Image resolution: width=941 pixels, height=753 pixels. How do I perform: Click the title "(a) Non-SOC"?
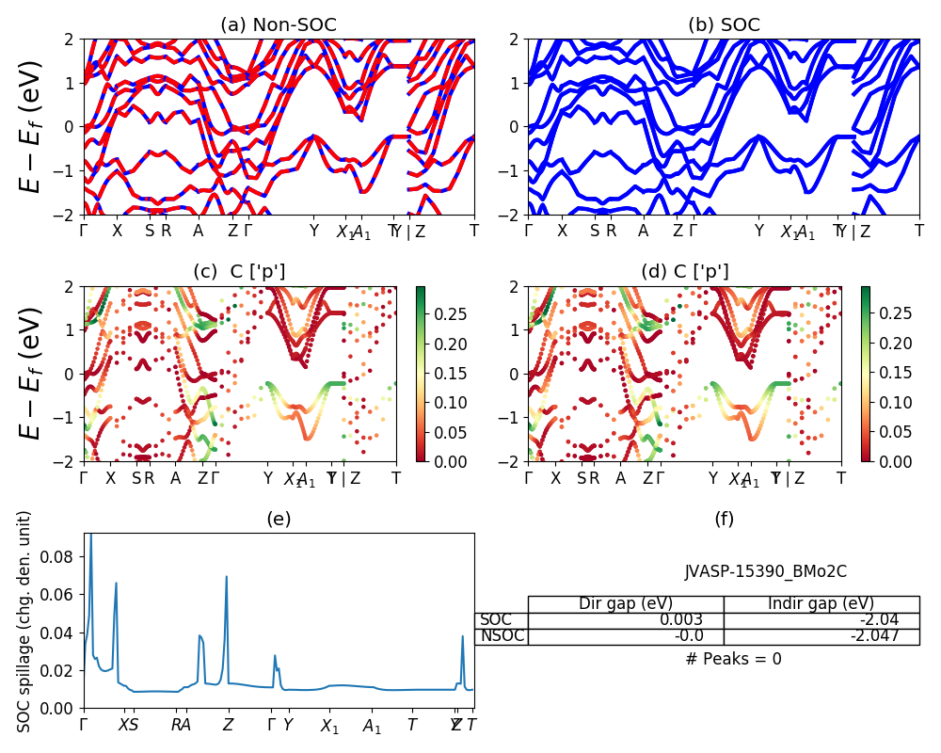point(279,25)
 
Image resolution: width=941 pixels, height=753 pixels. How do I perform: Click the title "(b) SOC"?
point(724,25)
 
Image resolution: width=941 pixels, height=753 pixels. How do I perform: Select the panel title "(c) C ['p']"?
point(239,272)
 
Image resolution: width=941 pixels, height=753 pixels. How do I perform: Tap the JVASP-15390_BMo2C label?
point(765,571)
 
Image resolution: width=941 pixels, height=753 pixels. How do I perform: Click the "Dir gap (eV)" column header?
point(625,604)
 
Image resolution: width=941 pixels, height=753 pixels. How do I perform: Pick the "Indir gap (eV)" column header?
point(821,604)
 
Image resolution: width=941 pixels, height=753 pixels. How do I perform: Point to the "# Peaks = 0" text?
point(733,659)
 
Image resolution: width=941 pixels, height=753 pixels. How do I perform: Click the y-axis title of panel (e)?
point(25,621)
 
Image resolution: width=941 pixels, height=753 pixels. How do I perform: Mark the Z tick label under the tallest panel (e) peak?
point(227,725)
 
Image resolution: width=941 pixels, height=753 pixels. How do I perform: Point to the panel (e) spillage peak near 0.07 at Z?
point(227,578)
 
